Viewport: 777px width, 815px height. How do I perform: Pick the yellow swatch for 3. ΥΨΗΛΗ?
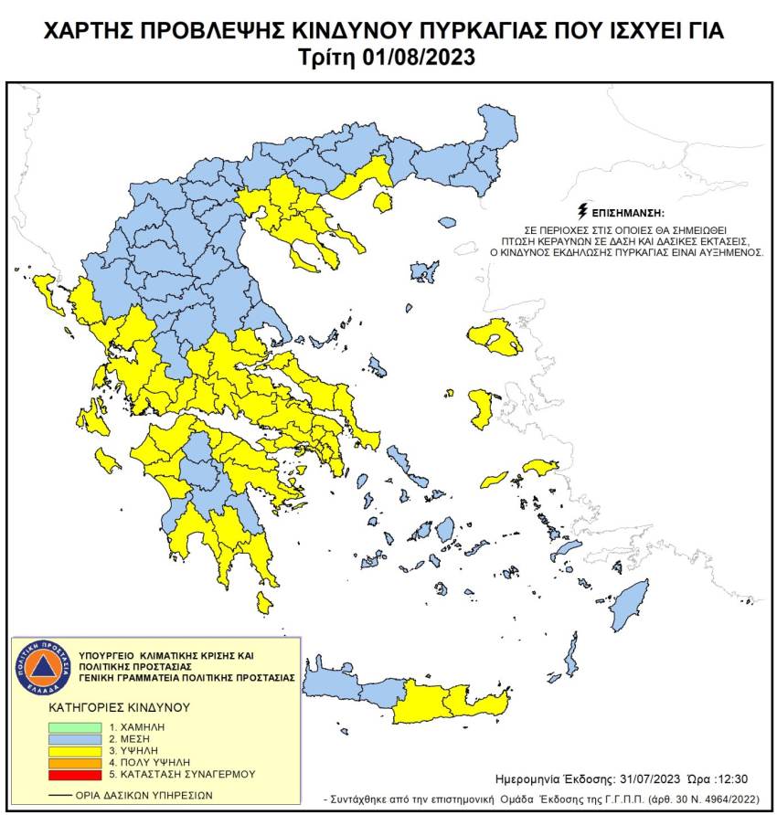(x=75, y=749)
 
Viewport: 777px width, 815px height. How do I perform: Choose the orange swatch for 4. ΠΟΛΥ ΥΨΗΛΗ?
(x=75, y=762)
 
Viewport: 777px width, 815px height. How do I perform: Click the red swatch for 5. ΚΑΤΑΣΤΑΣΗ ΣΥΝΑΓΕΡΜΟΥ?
(x=75, y=775)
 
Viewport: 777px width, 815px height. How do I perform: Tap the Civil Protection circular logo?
(x=39, y=667)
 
